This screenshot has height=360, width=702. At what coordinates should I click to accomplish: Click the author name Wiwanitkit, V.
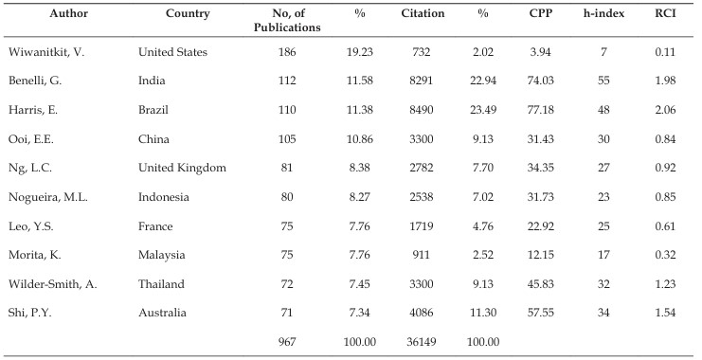coord(46,52)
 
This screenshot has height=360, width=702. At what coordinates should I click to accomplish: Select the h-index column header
coord(603,13)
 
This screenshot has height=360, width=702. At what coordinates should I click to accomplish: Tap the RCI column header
coord(665,13)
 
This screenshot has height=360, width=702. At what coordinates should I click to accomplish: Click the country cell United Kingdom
coord(182,168)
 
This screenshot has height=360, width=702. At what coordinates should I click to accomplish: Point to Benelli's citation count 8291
coord(422,81)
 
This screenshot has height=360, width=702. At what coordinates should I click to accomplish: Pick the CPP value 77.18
coord(540,110)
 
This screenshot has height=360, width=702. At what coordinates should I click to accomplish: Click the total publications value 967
coord(287,342)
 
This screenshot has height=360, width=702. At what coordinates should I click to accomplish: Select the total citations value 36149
coord(422,342)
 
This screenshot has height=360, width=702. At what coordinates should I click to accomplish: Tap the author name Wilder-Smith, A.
coord(52,284)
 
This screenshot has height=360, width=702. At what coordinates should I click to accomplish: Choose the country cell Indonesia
coord(163,197)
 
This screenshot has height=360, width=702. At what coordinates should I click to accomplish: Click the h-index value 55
coord(603,81)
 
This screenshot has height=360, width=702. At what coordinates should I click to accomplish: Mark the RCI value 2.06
coord(665,110)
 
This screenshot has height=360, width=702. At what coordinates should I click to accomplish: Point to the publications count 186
coord(287,52)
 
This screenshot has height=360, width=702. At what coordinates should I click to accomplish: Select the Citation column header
coord(423,13)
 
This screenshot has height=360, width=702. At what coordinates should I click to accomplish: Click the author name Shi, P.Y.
coord(30,313)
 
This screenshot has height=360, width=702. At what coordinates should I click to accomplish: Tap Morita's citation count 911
coord(422,255)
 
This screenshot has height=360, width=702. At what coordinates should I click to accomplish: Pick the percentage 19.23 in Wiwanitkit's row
coord(359,52)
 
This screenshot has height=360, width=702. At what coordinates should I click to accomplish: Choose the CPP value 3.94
coord(540,52)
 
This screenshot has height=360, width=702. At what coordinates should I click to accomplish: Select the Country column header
coord(188,14)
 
